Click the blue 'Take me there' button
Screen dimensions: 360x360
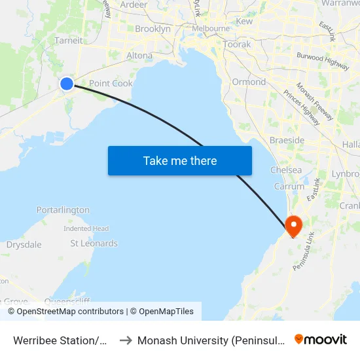(180, 160)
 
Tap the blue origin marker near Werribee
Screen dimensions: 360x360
(67, 84)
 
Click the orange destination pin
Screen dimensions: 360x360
(293, 226)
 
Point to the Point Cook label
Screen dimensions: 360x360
(111, 83)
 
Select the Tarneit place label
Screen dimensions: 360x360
(69, 40)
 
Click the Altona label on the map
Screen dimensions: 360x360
(139, 56)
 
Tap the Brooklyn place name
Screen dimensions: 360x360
(153, 29)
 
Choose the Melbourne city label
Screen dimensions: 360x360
(211, 29)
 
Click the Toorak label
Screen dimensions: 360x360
(237, 45)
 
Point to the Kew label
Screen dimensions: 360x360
(244, 22)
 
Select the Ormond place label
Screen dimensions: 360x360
(249, 82)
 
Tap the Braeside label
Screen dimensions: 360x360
(287, 141)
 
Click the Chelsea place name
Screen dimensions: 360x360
(286, 170)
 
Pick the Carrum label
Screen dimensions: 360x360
(289, 187)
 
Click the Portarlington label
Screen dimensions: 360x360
(63, 210)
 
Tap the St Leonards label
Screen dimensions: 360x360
(94, 243)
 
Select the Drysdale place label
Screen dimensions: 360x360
(24, 245)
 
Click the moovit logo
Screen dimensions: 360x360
(321, 339)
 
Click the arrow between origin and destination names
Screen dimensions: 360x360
(126, 340)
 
